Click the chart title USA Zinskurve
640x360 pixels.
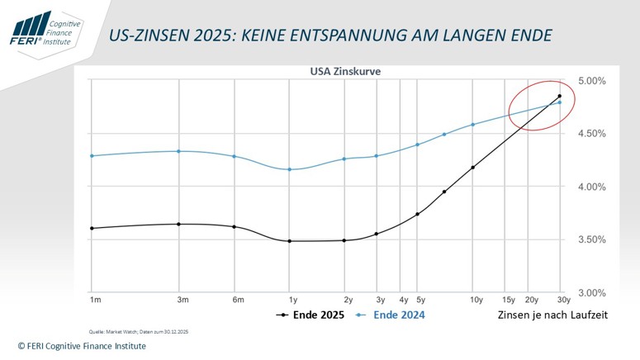(344, 71)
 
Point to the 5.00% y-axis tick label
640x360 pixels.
(591, 81)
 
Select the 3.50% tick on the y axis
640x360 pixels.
(591, 240)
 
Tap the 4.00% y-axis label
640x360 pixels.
(591, 187)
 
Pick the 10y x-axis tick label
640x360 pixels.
(476, 300)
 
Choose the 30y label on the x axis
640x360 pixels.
(562, 300)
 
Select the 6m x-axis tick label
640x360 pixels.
(238, 300)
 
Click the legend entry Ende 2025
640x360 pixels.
(311, 315)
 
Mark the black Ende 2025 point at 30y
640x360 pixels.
(560, 96)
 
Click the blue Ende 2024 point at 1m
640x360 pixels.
(92, 155)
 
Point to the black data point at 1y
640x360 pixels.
(289, 241)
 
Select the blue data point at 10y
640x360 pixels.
(473, 125)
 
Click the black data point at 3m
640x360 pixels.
(179, 224)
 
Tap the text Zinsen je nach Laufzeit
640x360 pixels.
(552, 315)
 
